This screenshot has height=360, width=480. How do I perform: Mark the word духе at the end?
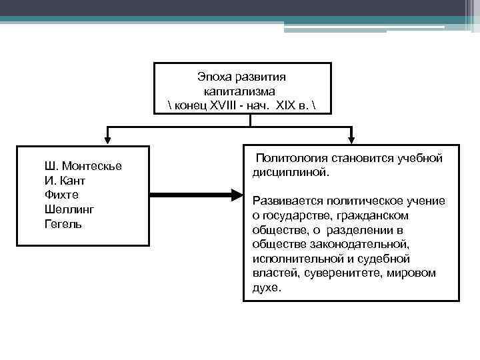[267, 288]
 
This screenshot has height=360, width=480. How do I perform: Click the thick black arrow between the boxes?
[193, 195]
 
